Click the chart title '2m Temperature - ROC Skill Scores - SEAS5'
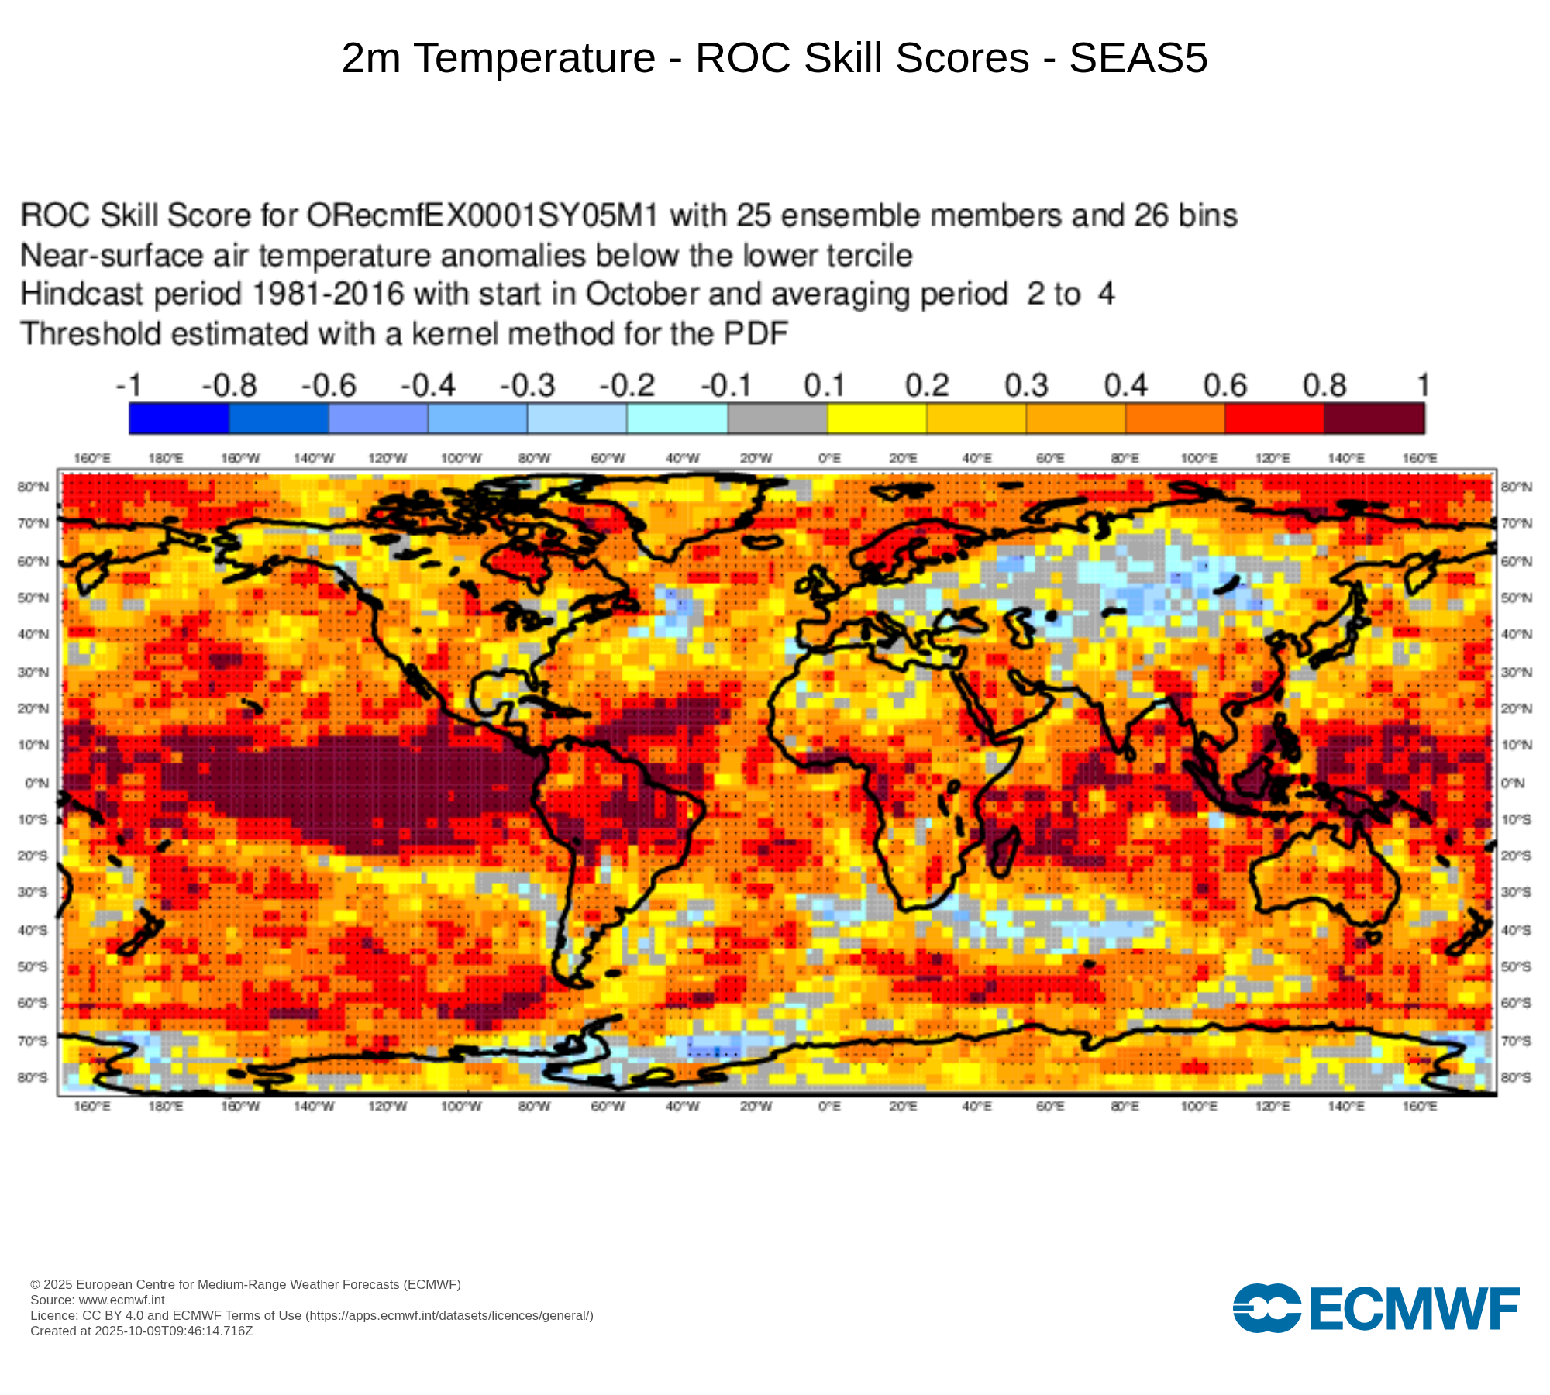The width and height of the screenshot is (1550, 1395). coord(774,58)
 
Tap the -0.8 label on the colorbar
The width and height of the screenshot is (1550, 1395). coord(229,385)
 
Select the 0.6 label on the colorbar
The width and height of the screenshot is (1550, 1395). coord(1224,385)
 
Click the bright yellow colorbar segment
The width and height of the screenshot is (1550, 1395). coord(877,418)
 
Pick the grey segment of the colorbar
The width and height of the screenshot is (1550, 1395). coord(777,418)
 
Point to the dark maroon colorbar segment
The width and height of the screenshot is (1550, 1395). coord(1373,418)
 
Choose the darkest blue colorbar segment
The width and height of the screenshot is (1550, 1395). coord(179,418)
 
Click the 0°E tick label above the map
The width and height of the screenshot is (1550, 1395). coord(829,458)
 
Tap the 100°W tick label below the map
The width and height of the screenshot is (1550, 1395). coord(460,1106)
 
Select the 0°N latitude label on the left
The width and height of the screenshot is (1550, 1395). coord(36,783)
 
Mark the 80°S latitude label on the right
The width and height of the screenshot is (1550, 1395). coord(1516,1077)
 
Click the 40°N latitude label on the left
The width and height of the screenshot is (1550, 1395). coord(33,634)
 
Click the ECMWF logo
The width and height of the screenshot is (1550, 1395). coord(1376,1308)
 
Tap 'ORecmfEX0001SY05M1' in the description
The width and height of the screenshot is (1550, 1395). coord(482,215)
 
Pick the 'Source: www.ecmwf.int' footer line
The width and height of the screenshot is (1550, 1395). coord(98,1300)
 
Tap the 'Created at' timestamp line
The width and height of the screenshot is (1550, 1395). coord(141,1331)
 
